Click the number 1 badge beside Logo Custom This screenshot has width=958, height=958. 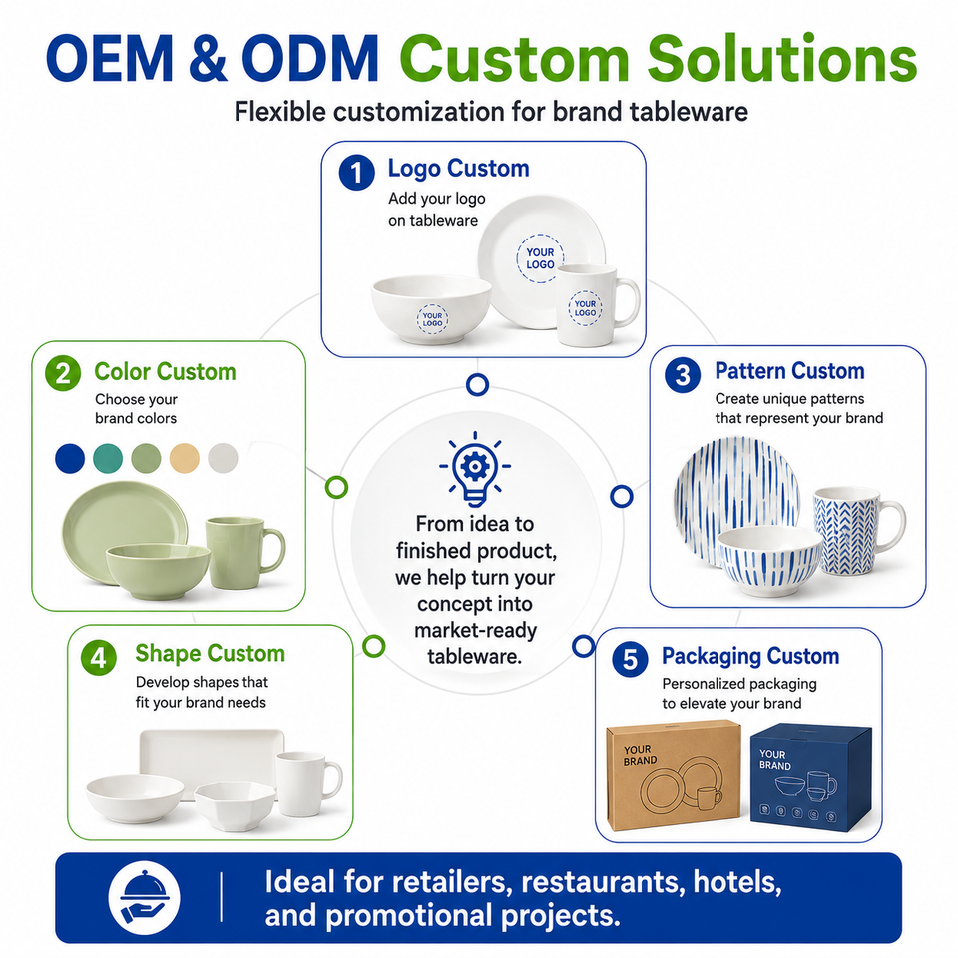click(357, 173)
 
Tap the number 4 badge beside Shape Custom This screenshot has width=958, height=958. click(99, 658)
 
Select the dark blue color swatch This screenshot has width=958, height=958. click(70, 458)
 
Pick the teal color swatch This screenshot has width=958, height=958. click(108, 458)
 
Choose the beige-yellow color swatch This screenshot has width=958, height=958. click(184, 458)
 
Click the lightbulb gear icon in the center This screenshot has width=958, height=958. click(475, 469)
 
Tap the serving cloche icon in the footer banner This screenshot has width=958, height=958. click(144, 898)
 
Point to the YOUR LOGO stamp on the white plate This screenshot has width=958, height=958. click(540, 258)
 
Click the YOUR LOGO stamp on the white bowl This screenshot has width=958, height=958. click(432, 319)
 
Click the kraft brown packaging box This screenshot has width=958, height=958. click(675, 776)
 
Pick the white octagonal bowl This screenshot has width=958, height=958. click(236, 806)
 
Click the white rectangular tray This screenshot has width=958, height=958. click(212, 757)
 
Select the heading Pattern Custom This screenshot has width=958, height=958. click(789, 371)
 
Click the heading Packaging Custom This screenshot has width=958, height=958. click(750, 656)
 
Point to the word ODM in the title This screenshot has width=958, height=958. click(310, 59)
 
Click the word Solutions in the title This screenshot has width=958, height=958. click(782, 59)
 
